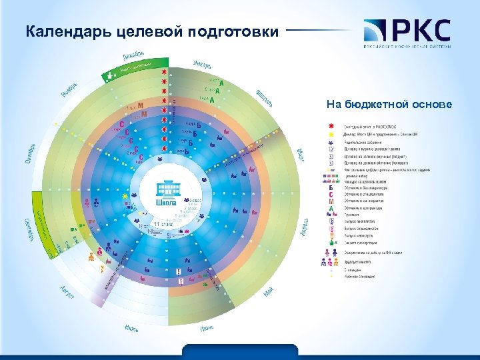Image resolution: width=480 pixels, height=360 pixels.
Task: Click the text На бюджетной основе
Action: [389, 105]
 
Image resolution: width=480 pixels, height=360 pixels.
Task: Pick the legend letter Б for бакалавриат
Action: [331, 187]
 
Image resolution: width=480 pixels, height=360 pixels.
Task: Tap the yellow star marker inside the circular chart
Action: [124, 197]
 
